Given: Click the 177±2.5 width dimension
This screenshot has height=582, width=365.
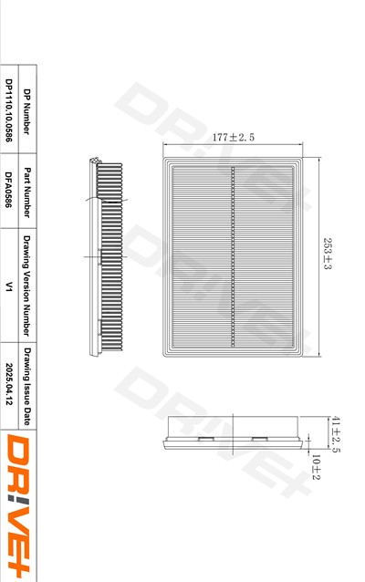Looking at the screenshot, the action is [x=234, y=138].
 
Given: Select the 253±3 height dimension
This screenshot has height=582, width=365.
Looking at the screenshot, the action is [x=327, y=254].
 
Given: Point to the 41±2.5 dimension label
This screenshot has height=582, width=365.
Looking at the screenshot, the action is [x=335, y=434].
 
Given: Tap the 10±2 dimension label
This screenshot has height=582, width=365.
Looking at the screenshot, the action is [x=316, y=467].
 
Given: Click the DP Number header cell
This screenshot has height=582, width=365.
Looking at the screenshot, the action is [x=27, y=111].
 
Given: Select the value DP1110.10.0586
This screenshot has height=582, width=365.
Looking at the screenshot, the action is [x=9, y=110].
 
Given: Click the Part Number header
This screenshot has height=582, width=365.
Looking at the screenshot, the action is [x=27, y=192].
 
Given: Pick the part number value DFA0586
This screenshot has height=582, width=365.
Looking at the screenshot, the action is [x=9, y=190].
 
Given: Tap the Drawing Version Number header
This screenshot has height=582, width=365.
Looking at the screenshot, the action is [x=27, y=286].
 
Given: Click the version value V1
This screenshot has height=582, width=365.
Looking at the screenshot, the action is [x=9, y=286].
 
